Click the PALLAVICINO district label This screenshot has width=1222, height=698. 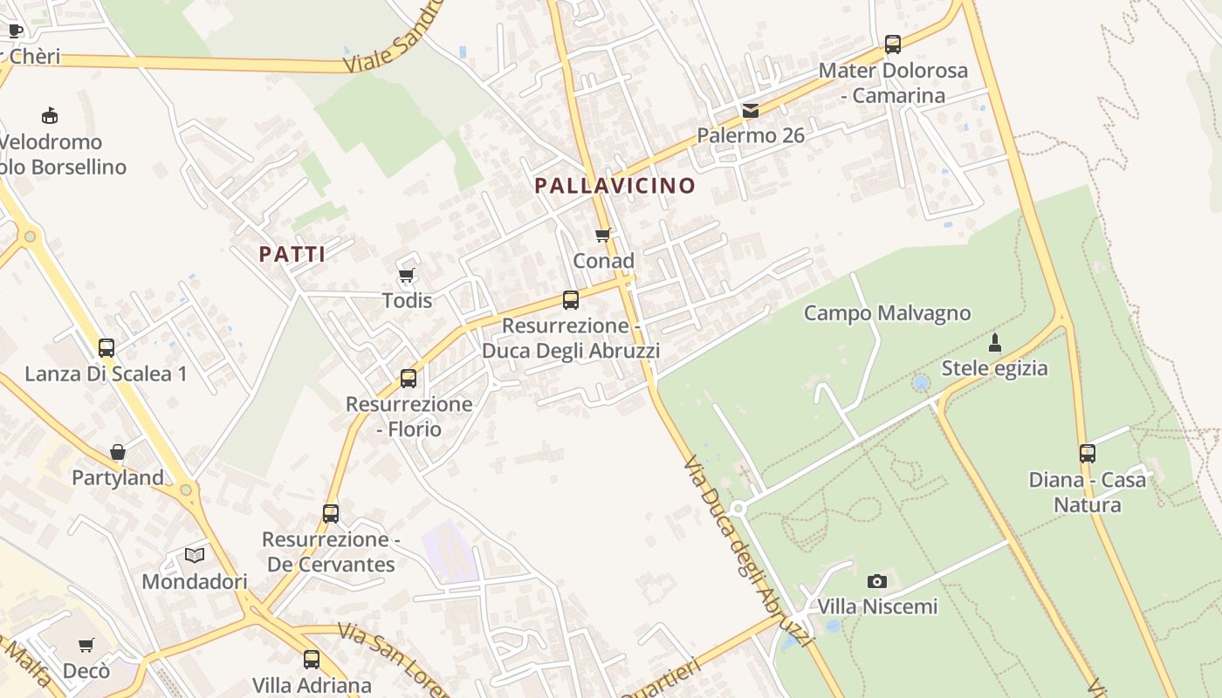click(614, 186)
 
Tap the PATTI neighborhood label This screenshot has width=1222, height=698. click(292, 255)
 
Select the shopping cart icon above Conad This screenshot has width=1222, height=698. click(602, 235)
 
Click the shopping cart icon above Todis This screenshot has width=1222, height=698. click(406, 276)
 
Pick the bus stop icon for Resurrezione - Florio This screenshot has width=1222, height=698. click(408, 379)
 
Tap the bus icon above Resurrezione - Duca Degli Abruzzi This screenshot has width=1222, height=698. click(570, 300)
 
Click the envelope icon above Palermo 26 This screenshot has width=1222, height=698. click(750, 111)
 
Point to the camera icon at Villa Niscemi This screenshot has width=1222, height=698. click(876, 581)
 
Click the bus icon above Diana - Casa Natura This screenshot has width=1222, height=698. click(1087, 454)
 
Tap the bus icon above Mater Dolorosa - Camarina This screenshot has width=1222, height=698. click(892, 44)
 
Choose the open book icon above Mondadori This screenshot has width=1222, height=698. click(195, 555)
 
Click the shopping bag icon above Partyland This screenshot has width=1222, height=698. click(118, 452)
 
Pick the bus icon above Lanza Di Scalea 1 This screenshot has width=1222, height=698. click(106, 348)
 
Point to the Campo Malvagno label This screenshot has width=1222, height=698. click(887, 313)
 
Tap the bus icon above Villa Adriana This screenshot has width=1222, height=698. click(312, 660)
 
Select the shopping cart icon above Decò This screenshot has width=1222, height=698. click(86, 646)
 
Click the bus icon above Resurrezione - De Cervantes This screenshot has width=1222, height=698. click(330, 514)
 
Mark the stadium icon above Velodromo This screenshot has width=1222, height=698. click(50, 115)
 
